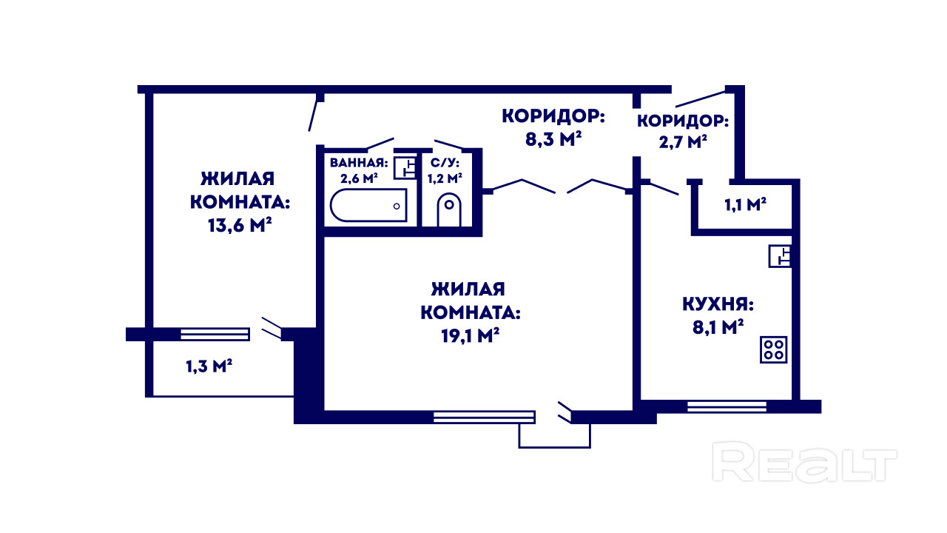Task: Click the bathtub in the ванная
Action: (368, 205)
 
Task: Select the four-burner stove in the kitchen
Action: (775, 349)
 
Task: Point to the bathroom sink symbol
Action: (404, 167)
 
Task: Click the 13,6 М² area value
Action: (237, 225)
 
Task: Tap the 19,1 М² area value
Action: (469, 335)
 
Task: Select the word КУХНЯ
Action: (718, 305)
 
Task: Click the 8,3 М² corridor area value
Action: (552, 139)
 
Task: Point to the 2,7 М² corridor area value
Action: (681, 142)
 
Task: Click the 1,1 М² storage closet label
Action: (744, 205)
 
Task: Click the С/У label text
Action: (445, 162)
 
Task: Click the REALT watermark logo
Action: (803, 463)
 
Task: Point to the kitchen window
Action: (727, 406)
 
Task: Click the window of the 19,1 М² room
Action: (483, 417)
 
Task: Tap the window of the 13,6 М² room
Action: (215, 334)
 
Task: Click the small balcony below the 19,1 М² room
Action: (555, 435)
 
